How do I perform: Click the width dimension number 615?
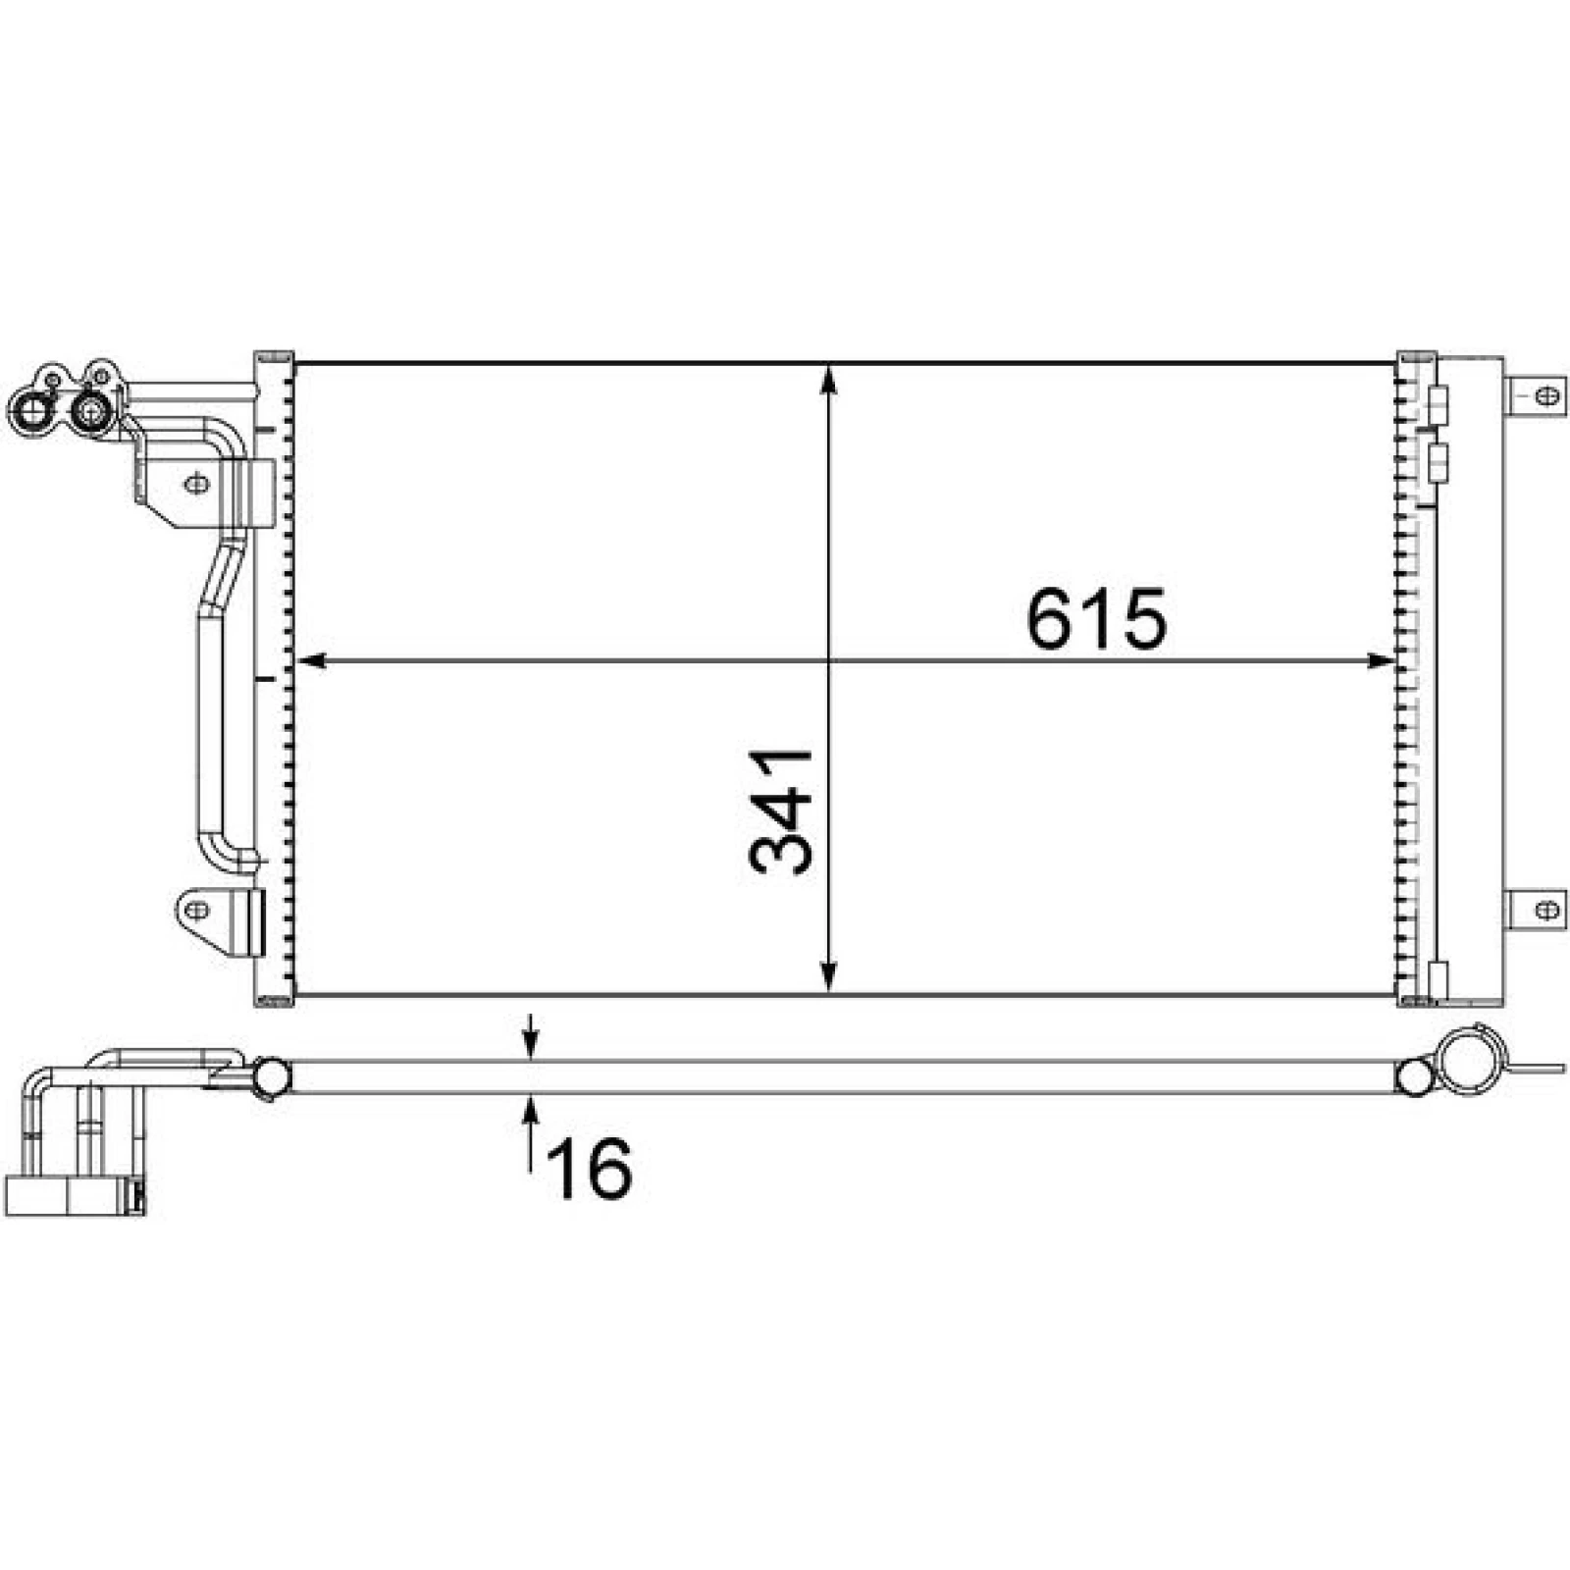pyautogui.click(x=1096, y=619)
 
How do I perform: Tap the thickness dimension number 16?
pyautogui.click(x=589, y=1168)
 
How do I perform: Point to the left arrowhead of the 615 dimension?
pyautogui.click(x=310, y=661)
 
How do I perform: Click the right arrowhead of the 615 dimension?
pyautogui.click(x=1380, y=661)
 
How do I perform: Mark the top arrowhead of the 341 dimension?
pyautogui.click(x=830, y=379)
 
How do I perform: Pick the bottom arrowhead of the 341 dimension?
pyautogui.click(x=830, y=977)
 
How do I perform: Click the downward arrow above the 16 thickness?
pyautogui.click(x=531, y=1038)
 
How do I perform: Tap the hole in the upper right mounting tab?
pyautogui.click(x=1546, y=395)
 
